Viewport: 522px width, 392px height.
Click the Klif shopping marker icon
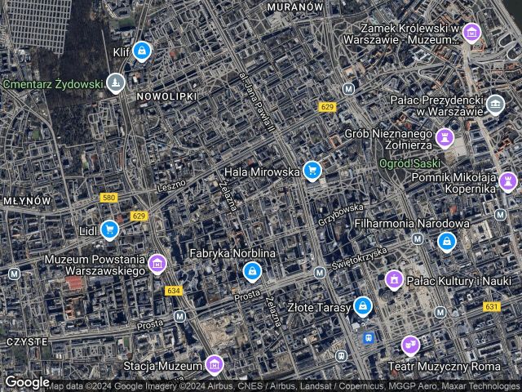click(x=143, y=51)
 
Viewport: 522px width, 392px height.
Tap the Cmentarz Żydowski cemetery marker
click(x=117, y=82)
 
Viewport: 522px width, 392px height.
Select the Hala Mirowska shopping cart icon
click(x=311, y=171)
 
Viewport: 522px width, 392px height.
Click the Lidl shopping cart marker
click(x=109, y=229)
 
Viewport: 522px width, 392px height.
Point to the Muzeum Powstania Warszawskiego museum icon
click(x=157, y=263)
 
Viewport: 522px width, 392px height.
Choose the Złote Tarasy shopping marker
click(x=363, y=307)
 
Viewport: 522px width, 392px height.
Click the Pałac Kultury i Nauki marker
click(x=394, y=281)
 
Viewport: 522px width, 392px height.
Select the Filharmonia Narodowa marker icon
click(x=446, y=241)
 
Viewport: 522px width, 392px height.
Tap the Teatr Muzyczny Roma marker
click(x=410, y=345)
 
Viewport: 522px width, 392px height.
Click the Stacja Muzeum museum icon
click(x=214, y=363)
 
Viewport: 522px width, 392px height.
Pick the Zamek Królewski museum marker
click(x=471, y=33)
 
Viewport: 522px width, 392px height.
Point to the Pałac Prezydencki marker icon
click(x=495, y=103)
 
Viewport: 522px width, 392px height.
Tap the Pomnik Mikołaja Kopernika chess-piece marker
click(x=509, y=179)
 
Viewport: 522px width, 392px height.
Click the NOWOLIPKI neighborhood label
click(x=167, y=96)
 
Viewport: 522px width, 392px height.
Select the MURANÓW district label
click(x=295, y=6)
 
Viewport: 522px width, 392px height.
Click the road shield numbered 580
click(x=108, y=198)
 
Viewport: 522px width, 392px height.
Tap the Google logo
click(x=27, y=381)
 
